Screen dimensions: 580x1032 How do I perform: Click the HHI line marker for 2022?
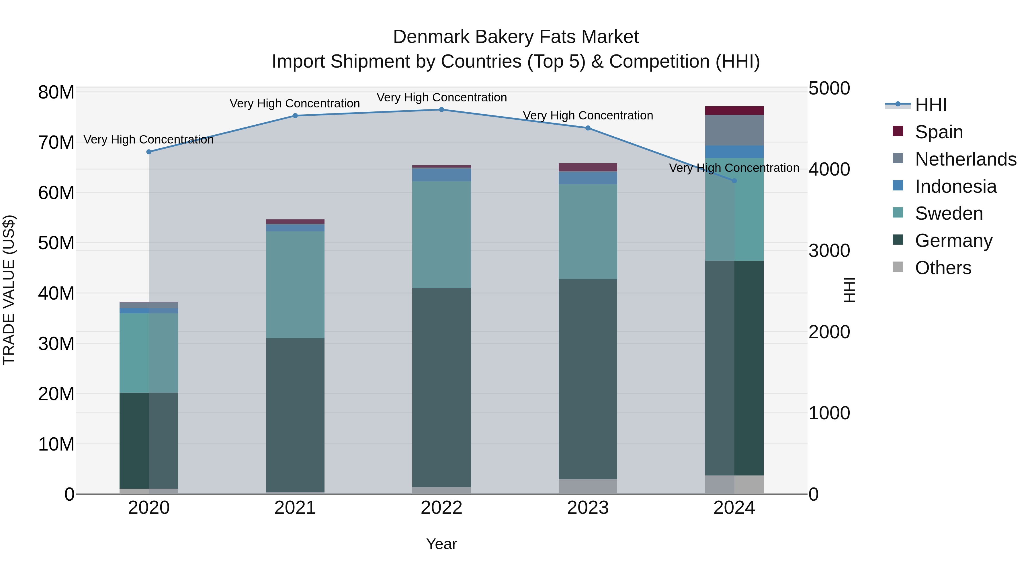click(441, 110)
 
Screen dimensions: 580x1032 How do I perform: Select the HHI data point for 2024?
click(734, 181)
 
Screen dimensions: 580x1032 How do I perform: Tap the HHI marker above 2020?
click(148, 152)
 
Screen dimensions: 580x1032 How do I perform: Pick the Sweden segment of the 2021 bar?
click(295, 285)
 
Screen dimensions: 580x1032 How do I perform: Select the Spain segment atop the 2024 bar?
click(734, 111)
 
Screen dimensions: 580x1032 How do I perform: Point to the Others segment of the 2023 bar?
click(588, 486)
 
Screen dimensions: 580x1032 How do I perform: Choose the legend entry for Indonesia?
click(955, 186)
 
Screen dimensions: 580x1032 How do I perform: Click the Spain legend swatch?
click(898, 131)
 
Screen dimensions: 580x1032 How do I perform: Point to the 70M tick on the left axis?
click(56, 143)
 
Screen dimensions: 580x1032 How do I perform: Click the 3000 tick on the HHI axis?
click(829, 251)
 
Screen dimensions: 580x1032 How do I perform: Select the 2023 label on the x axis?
click(588, 508)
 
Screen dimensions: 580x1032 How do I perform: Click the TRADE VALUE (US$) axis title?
click(9, 290)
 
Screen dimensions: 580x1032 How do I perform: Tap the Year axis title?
click(441, 544)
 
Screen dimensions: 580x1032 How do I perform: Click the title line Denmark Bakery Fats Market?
click(516, 37)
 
